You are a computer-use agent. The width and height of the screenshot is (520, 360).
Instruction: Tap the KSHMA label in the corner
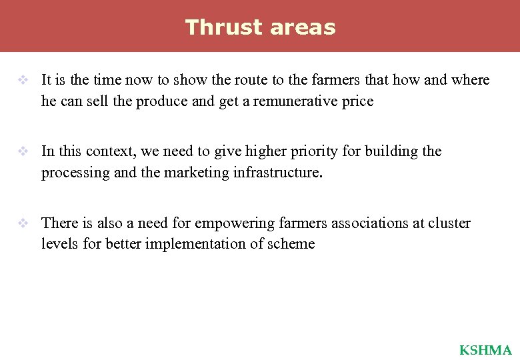coord(485,350)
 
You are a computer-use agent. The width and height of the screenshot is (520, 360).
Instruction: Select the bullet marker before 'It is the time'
coord(23,80)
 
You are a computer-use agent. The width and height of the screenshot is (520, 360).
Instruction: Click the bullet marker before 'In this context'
coord(23,151)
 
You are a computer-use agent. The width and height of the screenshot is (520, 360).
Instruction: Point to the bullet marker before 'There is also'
coord(23,223)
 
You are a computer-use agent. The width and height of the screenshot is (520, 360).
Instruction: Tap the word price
coord(356,101)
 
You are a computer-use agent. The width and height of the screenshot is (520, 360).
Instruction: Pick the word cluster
coord(449,223)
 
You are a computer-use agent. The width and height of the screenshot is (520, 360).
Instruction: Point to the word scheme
coord(291,244)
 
